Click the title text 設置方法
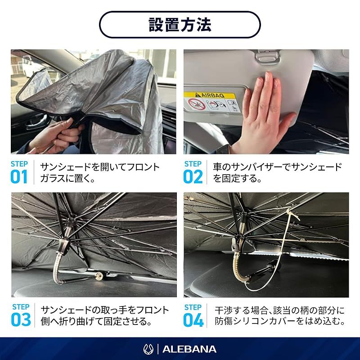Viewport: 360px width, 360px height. pos(180,25)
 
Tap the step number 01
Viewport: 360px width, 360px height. pos(19,176)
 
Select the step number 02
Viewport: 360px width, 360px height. pos(193,176)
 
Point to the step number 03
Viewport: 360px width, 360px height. pos(21,319)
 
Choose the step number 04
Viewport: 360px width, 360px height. pos(193,320)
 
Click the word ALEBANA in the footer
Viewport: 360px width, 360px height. pos(189,349)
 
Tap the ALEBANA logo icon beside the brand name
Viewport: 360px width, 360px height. pos(148,349)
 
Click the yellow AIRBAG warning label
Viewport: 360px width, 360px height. pos(210,95)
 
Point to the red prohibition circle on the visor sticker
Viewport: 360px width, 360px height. pos(196,104)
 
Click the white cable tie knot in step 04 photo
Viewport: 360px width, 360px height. pos(290,211)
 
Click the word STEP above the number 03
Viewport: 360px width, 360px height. pos(21,307)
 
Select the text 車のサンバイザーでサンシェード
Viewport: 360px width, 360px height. pos(277,167)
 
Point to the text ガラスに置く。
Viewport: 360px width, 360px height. pos(68,178)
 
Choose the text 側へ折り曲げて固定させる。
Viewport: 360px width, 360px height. pos(96,321)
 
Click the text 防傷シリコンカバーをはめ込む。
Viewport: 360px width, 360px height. pos(280,321)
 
